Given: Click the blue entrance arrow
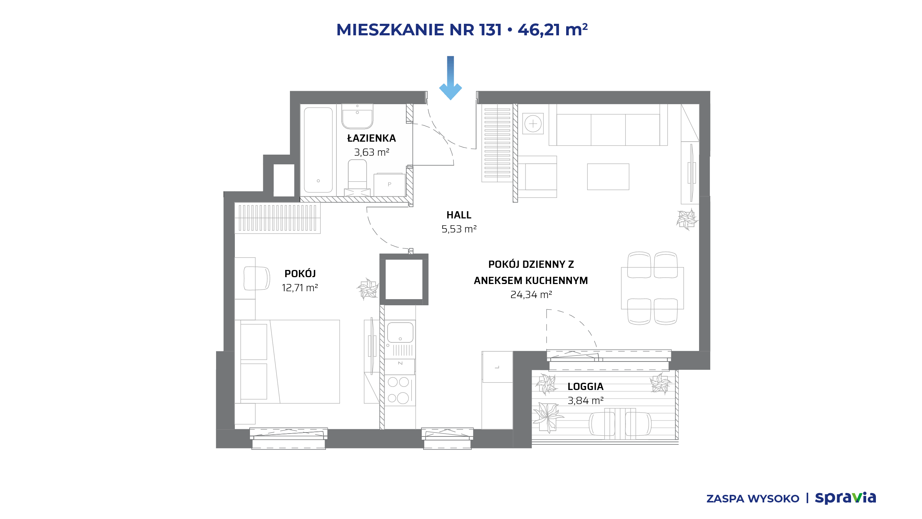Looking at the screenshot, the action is (450, 78).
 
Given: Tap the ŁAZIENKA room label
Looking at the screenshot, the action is (371, 138).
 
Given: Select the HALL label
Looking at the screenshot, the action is (459, 215).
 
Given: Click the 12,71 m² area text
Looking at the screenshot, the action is (300, 288).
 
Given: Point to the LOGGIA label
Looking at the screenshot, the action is (585, 386).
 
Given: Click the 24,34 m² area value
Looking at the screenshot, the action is (531, 294).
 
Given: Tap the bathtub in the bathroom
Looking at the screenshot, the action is (318, 150).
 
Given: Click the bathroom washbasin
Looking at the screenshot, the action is (357, 116).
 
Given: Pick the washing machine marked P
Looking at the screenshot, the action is (389, 185).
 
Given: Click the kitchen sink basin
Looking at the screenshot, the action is (400, 332).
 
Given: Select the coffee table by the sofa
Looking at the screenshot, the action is (608, 177).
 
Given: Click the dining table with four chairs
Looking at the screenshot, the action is (652, 288).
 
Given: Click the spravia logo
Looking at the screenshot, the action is (845, 498).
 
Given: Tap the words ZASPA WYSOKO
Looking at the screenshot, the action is (753, 499).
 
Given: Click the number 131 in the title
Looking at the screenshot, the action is (490, 30).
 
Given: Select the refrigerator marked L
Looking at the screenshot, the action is (497, 367).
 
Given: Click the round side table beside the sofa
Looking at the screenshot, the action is (533, 124).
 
